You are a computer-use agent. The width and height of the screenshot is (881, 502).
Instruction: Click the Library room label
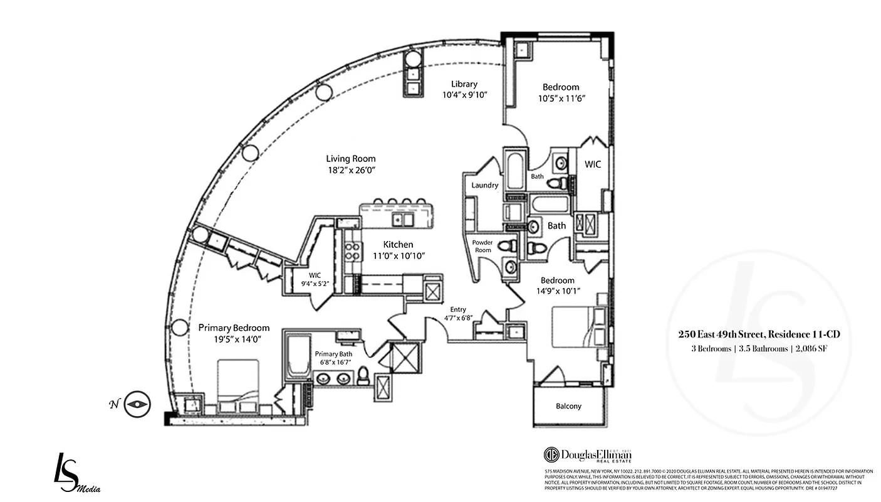(464, 84)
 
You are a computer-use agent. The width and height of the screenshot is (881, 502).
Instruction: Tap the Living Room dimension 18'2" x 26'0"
(350, 170)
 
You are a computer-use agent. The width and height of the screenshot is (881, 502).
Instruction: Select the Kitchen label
(398, 244)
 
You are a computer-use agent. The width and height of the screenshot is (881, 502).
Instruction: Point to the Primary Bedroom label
(234, 328)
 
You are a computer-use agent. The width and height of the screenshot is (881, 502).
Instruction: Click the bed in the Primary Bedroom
(238, 384)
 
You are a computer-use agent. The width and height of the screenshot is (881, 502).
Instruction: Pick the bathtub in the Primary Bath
(298, 356)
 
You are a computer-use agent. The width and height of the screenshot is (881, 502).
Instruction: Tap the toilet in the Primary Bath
(363, 377)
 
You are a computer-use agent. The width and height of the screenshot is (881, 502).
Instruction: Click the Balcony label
(568, 406)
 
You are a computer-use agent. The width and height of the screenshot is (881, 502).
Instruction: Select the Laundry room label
(485, 185)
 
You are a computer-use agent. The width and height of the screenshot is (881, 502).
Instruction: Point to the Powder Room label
(482, 246)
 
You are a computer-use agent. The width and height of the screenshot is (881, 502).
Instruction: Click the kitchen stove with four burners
(353, 251)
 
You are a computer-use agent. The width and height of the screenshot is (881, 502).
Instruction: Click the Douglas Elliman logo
(587, 455)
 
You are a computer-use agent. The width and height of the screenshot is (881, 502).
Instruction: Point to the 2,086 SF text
(812, 349)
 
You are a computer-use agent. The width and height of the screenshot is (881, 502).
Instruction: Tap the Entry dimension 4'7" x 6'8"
(458, 318)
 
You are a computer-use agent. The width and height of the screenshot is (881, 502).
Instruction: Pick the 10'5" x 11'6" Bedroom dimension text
(561, 98)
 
